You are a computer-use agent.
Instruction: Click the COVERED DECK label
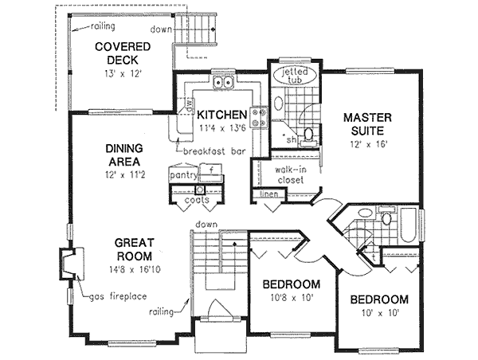coord(118,53)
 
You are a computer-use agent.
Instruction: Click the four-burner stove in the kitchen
coord(258,119)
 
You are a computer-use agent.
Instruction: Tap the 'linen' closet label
coord(267,194)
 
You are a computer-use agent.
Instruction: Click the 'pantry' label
coord(182,170)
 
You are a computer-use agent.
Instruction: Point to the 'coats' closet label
coord(198,200)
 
